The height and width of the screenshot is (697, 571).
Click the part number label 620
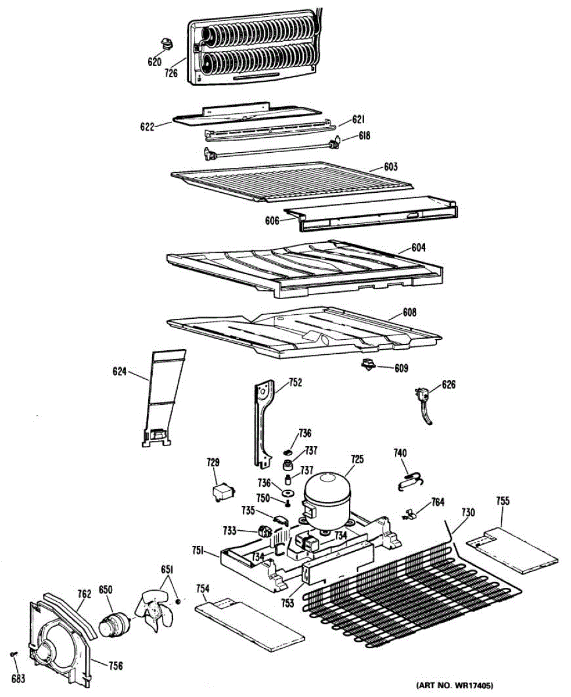pos(154,62)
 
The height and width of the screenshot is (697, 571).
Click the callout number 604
pos(418,247)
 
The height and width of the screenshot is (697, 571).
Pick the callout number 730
pos(468,512)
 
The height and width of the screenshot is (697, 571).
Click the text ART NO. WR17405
pos(459,685)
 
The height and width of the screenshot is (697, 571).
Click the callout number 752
pos(296,382)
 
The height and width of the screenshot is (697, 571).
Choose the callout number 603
pos(390,167)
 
